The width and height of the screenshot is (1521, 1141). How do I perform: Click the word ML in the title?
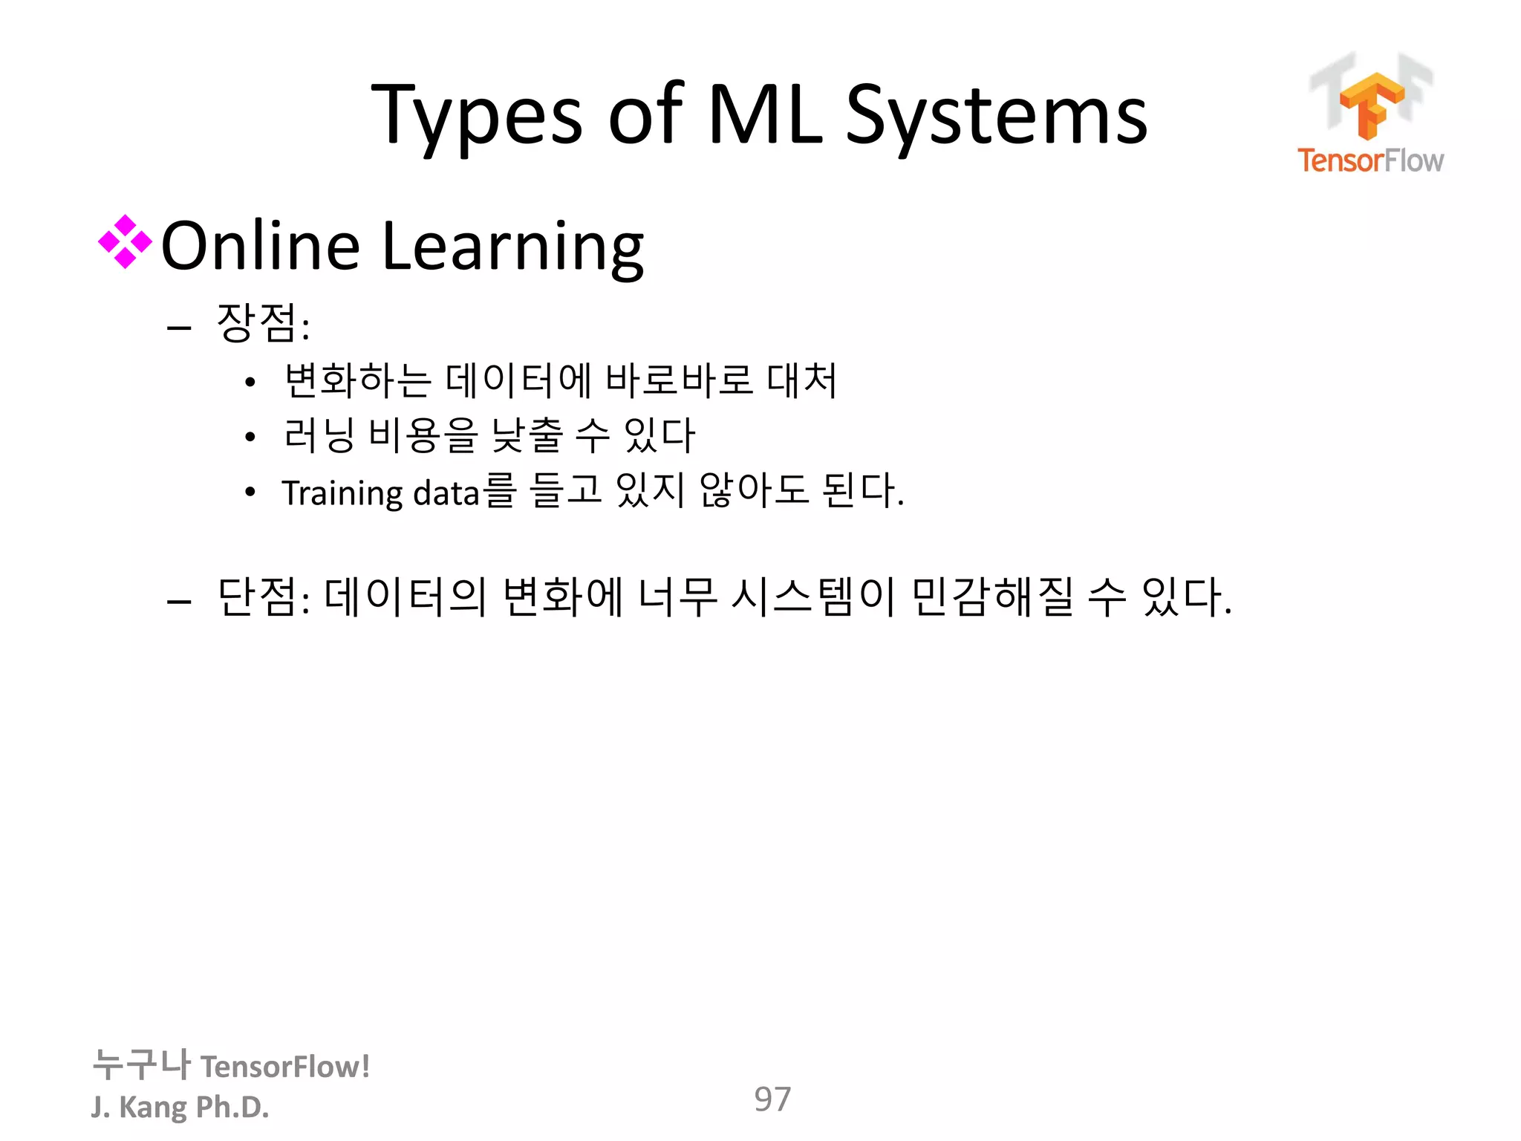[x=765, y=115]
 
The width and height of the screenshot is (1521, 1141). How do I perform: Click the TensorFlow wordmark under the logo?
[x=1370, y=160]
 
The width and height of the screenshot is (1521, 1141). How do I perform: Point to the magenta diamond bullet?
[x=125, y=241]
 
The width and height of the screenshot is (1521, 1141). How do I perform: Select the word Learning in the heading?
[x=512, y=247]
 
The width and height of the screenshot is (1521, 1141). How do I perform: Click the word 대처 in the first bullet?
[x=801, y=380]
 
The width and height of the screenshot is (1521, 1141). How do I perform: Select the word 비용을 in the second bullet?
[x=423, y=435]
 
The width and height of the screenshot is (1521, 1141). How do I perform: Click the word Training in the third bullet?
[x=342, y=493]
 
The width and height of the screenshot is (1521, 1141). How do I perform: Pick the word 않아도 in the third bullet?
[x=753, y=490]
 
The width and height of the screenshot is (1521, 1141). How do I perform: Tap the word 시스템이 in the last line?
[x=812, y=596]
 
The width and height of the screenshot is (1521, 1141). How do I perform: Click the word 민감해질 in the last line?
[x=992, y=596]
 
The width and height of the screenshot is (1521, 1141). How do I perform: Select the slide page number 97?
[x=772, y=1099]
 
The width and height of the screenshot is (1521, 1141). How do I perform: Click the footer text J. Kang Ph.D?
[x=180, y=1107]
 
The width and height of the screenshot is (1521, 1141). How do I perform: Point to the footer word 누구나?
[x=141, y=1064]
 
